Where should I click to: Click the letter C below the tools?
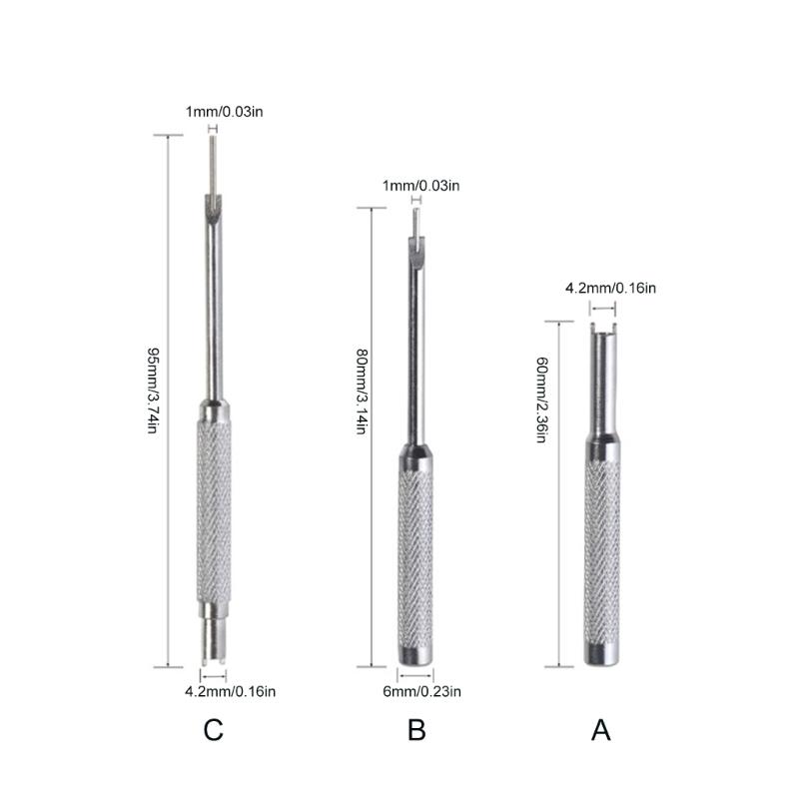click(x=213, y=730)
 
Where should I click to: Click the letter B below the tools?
click(x=416, y=730)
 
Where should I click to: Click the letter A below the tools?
click(x=600, y=730)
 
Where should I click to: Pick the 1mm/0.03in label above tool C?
click(x=224, y=111)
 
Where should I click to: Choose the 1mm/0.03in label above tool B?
click(x=420, y=186)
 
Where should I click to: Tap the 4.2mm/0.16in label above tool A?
click(x=610, y=289)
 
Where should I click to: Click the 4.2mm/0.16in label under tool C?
click(x=230, y=690)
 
